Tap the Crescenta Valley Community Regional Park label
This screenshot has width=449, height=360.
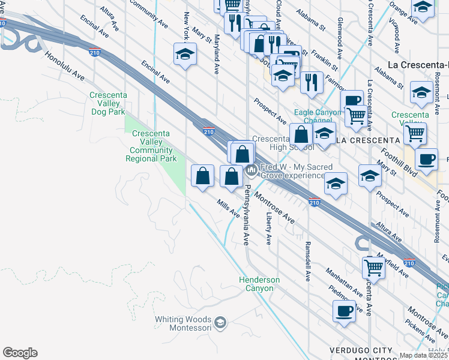pos(151,146)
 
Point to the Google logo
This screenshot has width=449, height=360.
pos(20,353)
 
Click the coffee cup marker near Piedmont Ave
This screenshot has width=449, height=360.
pos(344,311)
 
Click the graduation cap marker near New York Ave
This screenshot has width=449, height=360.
pos(185,55)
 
